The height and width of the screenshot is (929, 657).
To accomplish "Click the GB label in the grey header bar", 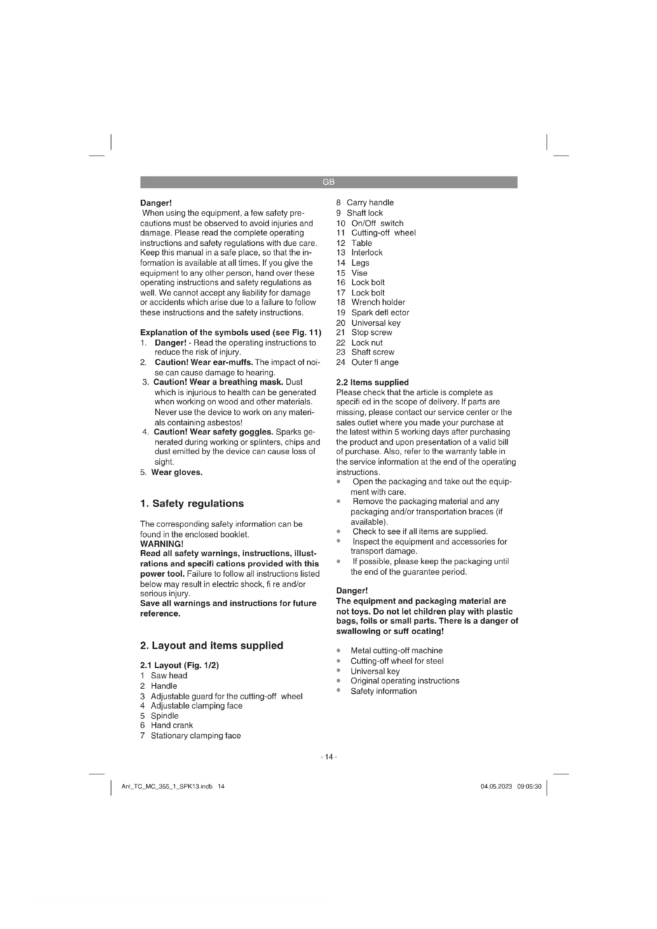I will point(328,182).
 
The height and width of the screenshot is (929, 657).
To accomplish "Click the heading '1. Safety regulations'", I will point(192,503).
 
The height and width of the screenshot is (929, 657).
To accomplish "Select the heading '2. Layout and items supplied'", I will point(212,645).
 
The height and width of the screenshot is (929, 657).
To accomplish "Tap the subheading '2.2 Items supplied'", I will point(372,382).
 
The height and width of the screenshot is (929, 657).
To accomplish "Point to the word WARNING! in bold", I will point(162,544).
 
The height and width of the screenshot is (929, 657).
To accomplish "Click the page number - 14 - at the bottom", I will point(328,757).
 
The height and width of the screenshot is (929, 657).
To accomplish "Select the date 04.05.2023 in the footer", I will point(496,786).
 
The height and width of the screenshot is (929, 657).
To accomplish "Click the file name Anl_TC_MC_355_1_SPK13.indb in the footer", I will point(167,786).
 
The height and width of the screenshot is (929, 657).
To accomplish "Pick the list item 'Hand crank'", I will point(172,725).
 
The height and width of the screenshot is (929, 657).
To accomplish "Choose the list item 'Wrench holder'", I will point(378,302).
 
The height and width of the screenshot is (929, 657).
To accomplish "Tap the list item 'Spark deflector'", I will point(380,312).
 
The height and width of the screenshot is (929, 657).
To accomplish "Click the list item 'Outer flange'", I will point(375,362).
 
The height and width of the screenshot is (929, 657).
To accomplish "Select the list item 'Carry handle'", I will point(370,203).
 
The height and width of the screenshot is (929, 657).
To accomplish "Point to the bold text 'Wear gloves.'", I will point(177,472).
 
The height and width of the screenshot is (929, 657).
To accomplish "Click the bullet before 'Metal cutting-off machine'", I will point(338,651).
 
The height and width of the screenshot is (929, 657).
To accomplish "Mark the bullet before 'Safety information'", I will point(338,690).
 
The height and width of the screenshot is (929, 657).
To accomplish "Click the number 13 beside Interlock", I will point(341,253).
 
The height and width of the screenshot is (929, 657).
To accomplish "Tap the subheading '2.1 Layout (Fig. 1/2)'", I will point(179,665).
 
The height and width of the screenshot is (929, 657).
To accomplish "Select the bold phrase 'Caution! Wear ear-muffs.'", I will point(203,362).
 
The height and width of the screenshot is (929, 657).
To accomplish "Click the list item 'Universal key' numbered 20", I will point(376,323).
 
